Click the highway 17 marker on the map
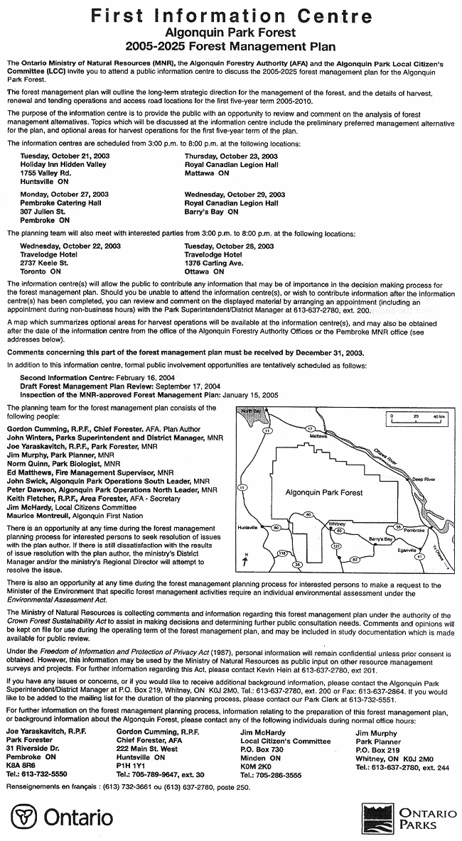click(309, 428)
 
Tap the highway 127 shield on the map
click(337, 546)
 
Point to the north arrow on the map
click(245, 560)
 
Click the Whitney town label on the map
click(337, 523)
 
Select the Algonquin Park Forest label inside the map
click(323, 492)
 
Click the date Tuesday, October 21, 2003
click(64, 156)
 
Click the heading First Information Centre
click(231, 16)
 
